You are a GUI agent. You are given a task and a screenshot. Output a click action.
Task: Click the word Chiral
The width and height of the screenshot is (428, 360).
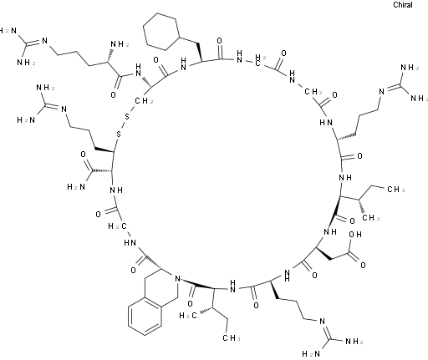click(403, 5)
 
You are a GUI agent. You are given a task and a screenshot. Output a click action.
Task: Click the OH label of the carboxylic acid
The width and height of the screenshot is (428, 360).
click(355, 235)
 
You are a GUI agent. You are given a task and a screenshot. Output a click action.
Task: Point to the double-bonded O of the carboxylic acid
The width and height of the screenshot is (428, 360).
click(363, 265)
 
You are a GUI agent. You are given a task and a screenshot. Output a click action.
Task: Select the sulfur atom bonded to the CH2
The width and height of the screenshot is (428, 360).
click(127, 117)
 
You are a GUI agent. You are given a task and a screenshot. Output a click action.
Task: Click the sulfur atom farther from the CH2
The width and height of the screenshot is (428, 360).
click(119, 134)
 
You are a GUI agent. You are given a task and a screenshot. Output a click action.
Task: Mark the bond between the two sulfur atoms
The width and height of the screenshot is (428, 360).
click(123, 125)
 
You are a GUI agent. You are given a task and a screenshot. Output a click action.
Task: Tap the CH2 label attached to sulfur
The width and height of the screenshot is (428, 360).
click(144, 101)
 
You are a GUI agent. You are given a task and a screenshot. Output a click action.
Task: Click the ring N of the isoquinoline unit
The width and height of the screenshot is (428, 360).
click(176, 278)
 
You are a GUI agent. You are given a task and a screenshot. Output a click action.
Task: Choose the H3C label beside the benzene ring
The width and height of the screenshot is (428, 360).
click(188, 315)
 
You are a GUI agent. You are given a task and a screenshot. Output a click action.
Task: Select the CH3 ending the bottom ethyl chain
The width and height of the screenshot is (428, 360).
click(232, 338)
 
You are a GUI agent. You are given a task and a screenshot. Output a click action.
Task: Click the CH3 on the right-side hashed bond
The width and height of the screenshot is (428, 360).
click(371, 217)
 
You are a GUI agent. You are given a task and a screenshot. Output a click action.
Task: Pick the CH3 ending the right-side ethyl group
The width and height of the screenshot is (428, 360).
click(396, 190)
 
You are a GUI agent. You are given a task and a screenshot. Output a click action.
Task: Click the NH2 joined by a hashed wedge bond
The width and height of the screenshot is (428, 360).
click(120, 44)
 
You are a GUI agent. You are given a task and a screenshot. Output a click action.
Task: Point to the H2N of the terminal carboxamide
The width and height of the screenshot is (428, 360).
click(76, 186)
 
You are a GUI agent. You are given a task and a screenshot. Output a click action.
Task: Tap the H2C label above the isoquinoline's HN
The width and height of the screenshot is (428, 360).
click(117, 226)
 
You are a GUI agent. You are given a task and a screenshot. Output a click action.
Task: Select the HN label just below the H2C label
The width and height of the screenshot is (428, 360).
click(130, 243)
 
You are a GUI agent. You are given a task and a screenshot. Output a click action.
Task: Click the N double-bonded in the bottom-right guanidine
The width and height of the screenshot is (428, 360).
click(323, 322)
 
